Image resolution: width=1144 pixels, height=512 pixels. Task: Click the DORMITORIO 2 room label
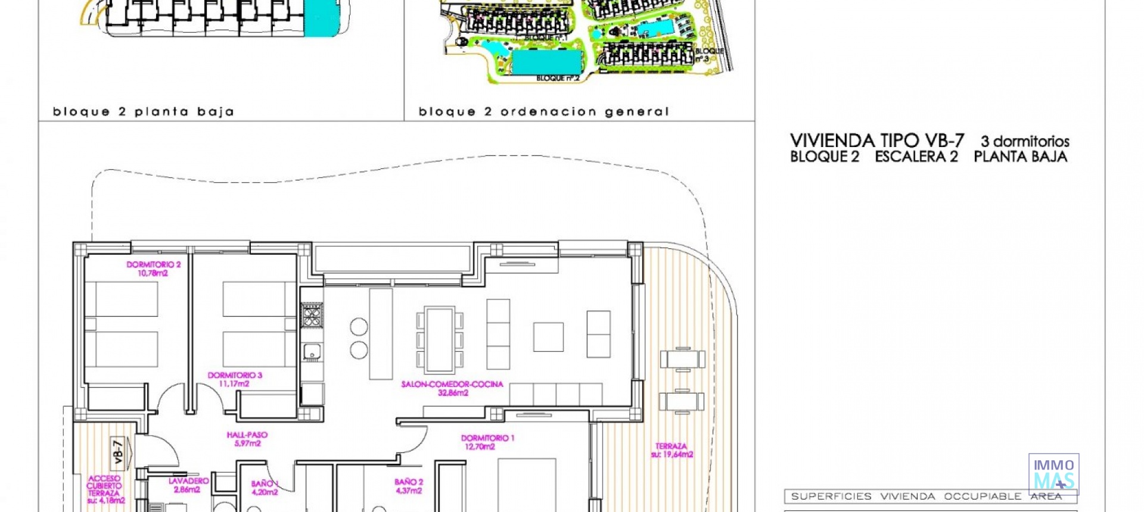[153, 264]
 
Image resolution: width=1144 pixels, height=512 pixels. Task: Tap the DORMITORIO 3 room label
[235, 375]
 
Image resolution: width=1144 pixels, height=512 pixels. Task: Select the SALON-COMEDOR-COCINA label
[452, 384]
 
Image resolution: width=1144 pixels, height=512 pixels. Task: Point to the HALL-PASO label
[247, 435]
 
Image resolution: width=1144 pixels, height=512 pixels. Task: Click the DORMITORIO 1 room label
[487, 438]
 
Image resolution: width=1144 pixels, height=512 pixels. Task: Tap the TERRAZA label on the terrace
[672, 446]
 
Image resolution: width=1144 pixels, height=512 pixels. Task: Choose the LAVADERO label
[188, 481]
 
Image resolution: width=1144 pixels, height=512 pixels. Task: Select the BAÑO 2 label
[409, 482]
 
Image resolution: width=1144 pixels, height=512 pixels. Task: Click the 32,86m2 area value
[453, 393]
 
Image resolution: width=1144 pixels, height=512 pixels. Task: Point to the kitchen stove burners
[312, 315]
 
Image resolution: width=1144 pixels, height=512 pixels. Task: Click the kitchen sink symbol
[312, 352]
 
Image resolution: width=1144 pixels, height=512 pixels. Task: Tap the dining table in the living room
[440, 339]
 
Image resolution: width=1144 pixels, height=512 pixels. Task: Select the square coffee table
[548, 337]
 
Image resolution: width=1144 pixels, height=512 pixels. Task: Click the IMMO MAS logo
[1053, 474]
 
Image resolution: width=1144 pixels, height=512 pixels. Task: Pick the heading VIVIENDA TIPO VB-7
[876, 141]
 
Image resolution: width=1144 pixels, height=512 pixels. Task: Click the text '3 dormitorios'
[1025, 142]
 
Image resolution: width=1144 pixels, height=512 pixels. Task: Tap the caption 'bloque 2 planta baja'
[144, 112]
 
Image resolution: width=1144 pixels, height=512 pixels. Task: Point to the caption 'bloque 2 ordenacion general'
[544, 112]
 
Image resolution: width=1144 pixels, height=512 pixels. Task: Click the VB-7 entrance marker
[119, 451]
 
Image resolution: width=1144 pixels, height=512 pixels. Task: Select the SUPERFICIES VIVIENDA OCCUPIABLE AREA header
[930, 497]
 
